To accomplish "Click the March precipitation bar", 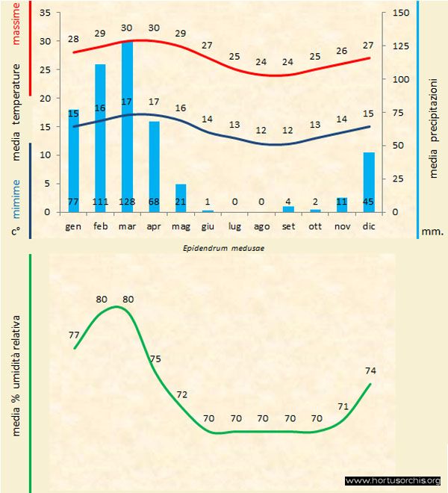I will click(x=127, y=127).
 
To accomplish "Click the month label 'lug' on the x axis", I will click(x=234, y=225).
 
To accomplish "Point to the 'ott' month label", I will click(x=315, y=225).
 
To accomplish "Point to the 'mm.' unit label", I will click(x=432, y=232).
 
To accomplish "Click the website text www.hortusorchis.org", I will click(x=393, y=480).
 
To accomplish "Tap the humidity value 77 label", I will click(x=74, y=336).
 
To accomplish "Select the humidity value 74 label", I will click(x=371, y=370).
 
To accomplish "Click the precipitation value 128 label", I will click(x=127, y=202).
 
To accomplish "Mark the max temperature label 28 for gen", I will click(x=73, y=39).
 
